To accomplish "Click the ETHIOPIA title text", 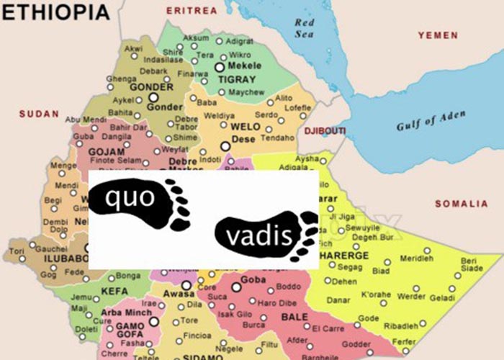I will click(55, 12).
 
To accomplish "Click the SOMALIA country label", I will click(461, 204).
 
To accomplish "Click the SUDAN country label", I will click(34, 114).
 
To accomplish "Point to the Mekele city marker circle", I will click(220, 66).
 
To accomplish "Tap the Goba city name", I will click(253, 279).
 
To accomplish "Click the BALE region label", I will click(289, 316).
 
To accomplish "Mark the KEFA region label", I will click(114, 291).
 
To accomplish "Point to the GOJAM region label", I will click(106, 152).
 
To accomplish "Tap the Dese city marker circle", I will click(225, 146).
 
